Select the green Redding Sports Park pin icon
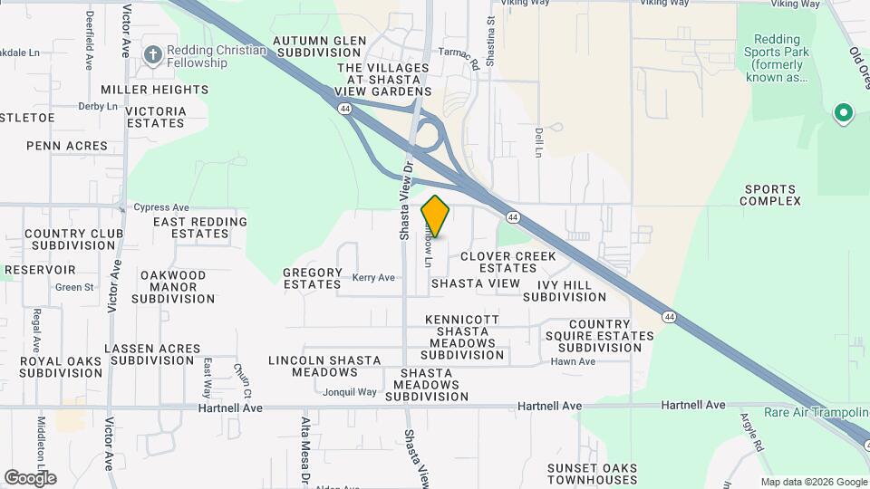843,114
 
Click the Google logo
30,477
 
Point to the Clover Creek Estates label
508,262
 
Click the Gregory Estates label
313,278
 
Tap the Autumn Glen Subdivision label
320,47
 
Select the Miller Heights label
155,90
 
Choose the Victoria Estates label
156,117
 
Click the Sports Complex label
772,195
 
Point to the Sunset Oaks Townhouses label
592,474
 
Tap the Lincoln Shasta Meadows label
324,366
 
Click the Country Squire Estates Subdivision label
605,336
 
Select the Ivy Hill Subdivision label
565,291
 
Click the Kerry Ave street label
374,278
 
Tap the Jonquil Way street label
350,392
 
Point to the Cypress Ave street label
161,207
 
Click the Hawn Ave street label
573,361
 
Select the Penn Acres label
67,146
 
